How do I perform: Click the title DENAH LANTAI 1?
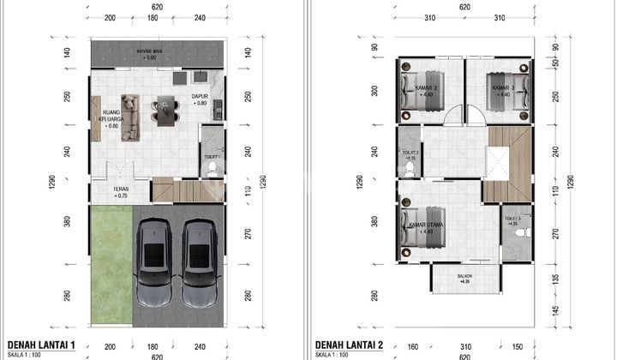point(43,345)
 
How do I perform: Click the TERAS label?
point(121,191)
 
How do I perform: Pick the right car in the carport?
point(199,264)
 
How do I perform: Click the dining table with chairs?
point(163,110)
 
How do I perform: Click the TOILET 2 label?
point(410,156)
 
